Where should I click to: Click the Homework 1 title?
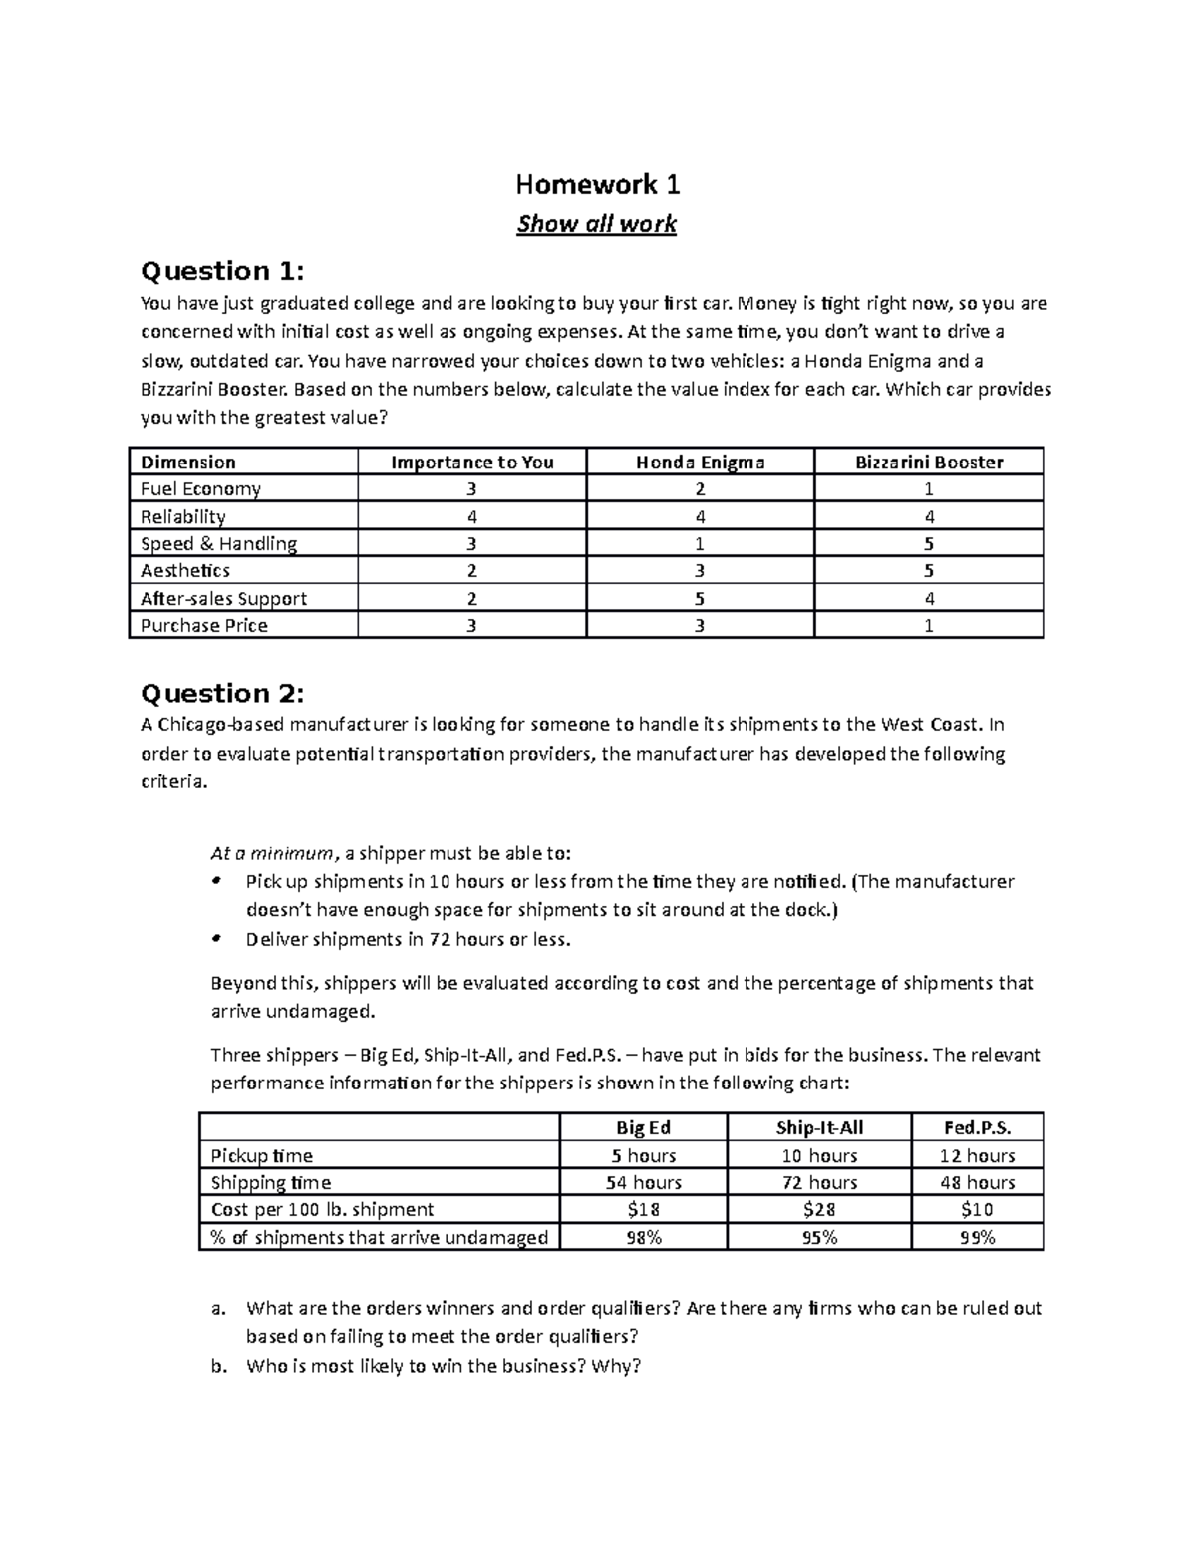(x=597, y=184)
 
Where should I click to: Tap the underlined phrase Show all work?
(x=596, y=224)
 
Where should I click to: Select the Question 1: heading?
(x=222, y=271)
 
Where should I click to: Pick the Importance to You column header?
(x=471, y=462)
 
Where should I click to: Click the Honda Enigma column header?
(x=700, y=462)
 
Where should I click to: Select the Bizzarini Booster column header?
(x=929, y=462)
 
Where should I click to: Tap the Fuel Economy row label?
(x=200, y=489)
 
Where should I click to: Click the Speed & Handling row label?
(x=218, y=543)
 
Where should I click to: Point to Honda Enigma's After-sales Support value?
(x=700, y=598)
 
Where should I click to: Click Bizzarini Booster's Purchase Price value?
(x=929, y=626)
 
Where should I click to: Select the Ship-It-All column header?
(x=819, y=1127)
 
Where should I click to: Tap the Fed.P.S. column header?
(x=977, y=1127)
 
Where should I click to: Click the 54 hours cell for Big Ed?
(x=644, y=1182)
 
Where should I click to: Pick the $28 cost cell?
(x=819, y=1209)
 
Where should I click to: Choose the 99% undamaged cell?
(x=977, y=1237)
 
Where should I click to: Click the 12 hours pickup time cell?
(x=977, y=1155)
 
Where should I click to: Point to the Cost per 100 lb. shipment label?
(x=322, y=1209)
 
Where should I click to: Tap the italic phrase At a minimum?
(x=272, y=853)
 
